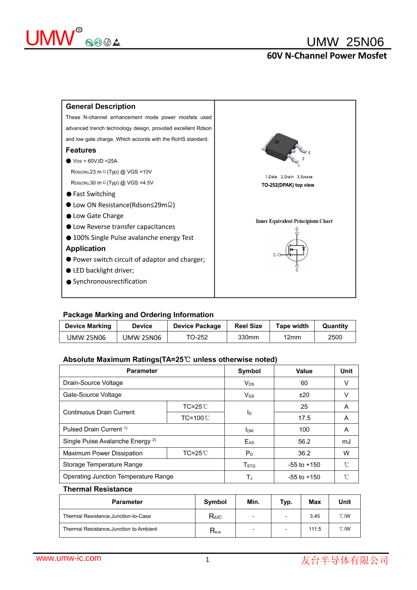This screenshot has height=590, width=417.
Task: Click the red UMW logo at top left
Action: pyautogui.click(x=50, y=38)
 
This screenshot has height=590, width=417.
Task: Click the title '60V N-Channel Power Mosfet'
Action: pyautogui.click(x=327, y=56)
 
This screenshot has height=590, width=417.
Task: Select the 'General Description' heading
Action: pyautogui.click(x=100, y=107)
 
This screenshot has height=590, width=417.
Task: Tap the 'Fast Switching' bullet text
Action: pyautogui.click(x=94, y=194)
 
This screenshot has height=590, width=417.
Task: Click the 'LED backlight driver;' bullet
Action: pyautogui.click(x=103, y=270)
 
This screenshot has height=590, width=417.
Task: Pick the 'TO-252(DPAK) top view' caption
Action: pyautogui.click(x=288, y=185)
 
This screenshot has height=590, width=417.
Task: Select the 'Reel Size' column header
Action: pyautogui.click(x=248, y=326)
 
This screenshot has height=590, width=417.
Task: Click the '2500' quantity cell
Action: pyautogui.click(x=335, y=337)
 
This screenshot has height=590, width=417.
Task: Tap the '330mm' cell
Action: pyautogui.click(x=248, y=337)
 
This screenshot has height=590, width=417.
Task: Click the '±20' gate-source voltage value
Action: pyautogui.click(x=304, y=395)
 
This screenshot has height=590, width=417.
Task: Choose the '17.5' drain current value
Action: pyautogui.click(x=304, y=418)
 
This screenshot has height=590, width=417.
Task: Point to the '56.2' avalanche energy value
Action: pyautogui.click(x=304, y=442)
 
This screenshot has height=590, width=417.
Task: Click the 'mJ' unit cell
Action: pyautogui.click(x=346, y=442)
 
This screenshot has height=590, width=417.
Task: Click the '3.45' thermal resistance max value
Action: pyautogui.click(x=315, y=516)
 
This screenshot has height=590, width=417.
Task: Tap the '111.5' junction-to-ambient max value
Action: pyautogui.click(x=315, y=529)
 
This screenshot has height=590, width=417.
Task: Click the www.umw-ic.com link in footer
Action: pyautogui.click(x=69, y=558)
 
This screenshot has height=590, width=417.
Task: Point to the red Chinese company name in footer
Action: pyautogui.click(x=344, y=560)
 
